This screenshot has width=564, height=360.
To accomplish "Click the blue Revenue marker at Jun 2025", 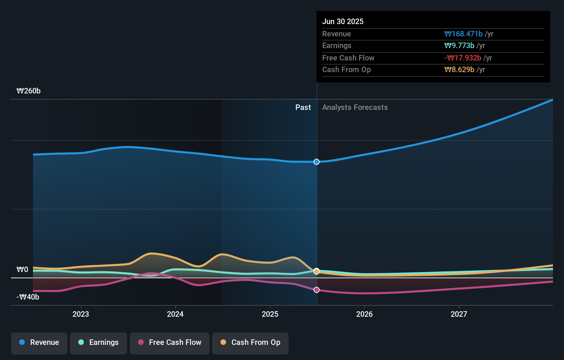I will click(316, 162).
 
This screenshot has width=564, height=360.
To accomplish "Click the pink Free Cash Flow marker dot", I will click(316, 290).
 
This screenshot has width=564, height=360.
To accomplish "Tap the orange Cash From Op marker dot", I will click(316, 271).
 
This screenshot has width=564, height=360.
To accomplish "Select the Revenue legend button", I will click(39, 342).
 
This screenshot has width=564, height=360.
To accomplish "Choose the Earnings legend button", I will click(99, 342).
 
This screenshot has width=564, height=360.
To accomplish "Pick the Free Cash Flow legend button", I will click(170, 342).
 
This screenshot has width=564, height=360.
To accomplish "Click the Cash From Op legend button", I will click(250, 342).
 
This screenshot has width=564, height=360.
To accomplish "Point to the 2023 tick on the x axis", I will click(81, 314).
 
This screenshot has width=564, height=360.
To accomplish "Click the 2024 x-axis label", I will click(175, 314).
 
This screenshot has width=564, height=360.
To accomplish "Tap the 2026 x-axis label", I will click(364, 314).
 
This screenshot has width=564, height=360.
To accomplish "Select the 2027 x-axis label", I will click(459, 314).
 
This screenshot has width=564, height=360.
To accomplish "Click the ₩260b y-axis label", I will click(29, 91).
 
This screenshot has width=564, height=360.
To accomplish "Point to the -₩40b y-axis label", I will click(28, 297).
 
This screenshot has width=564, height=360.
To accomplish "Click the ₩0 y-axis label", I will click(22, 270).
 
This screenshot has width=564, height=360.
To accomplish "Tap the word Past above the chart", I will click(303, 108).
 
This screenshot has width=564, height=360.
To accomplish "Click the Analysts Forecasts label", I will click(355, 108).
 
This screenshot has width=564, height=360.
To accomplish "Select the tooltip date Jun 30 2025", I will click(343, 21).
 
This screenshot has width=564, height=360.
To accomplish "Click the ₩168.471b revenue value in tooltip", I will click(463, 34).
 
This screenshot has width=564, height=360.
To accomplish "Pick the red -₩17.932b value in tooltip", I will click(463, 58).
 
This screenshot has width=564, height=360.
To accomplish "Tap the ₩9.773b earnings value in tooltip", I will click(459, 45).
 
